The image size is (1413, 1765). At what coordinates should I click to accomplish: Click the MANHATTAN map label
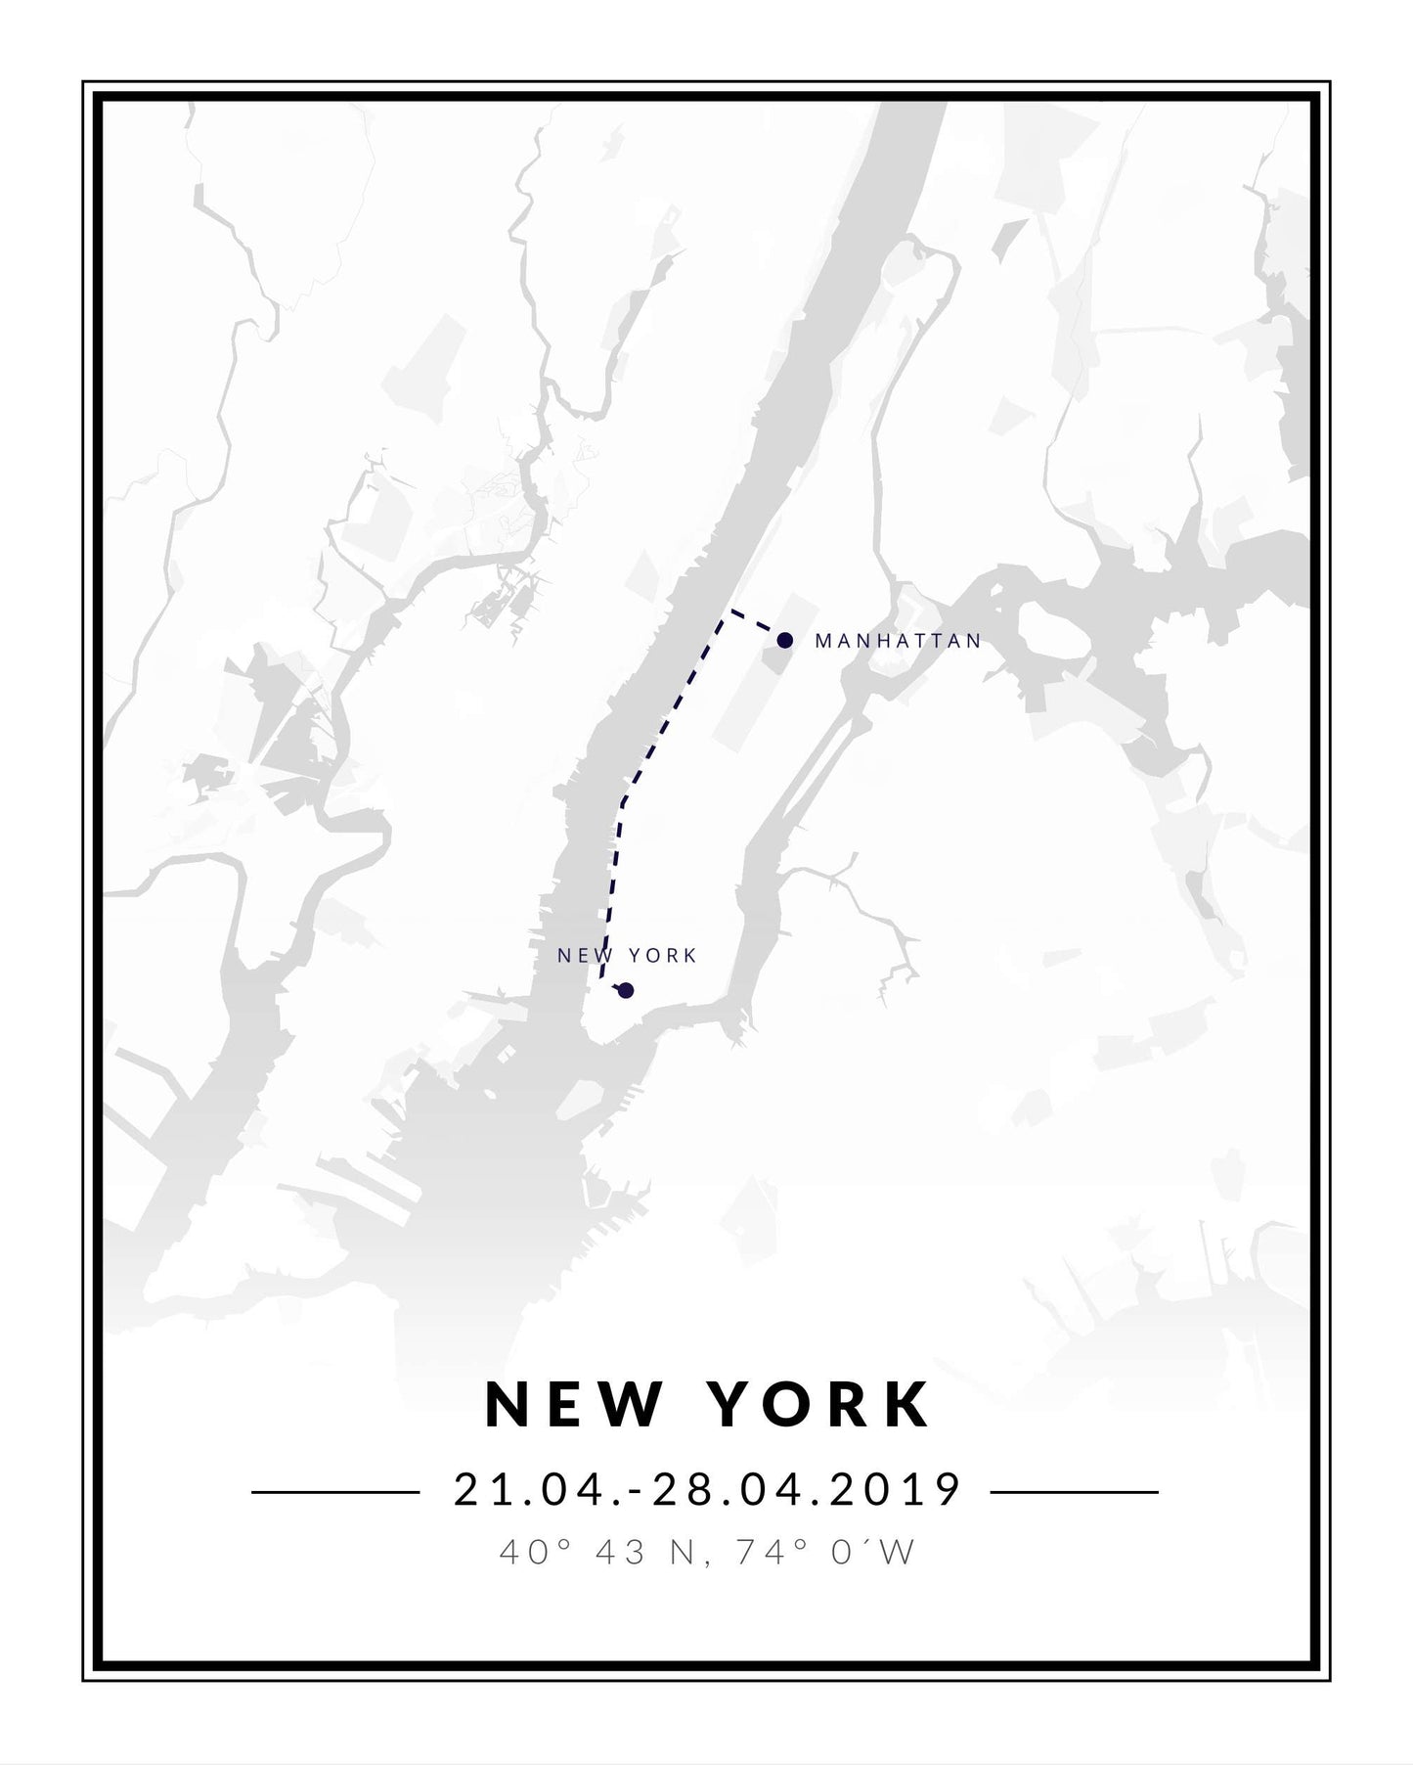(898, 641)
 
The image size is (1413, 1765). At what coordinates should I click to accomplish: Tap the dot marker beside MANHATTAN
(784, 640)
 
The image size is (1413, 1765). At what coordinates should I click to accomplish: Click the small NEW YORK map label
(627, 955)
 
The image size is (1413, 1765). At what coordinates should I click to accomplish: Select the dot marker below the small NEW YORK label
(626, 990)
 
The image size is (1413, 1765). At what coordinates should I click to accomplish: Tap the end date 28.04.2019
(809, 1491)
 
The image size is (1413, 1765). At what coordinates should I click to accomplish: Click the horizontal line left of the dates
(335, 1492)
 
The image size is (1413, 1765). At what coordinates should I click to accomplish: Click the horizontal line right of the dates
(1074, 1492)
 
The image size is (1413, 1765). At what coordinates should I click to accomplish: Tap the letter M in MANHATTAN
(823, 641)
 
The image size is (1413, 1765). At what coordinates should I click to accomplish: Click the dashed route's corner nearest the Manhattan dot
(729, 612)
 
